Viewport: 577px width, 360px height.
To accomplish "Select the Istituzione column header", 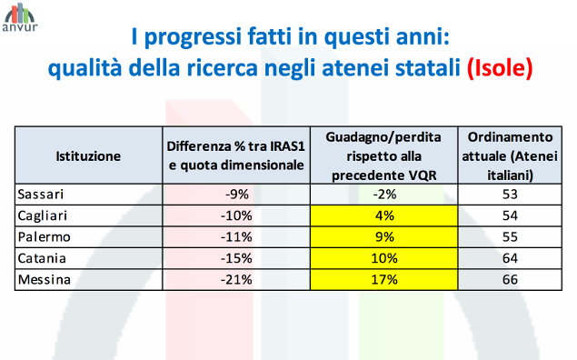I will click(x=88, y=155).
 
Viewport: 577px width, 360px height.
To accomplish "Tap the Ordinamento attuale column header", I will click(x=509, y=155).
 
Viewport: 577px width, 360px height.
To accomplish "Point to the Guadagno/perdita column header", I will click(x=383, y=155).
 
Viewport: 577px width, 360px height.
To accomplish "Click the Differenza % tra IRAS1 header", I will click(x=236, y=155).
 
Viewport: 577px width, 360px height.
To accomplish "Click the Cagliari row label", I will click(x=45, y=215).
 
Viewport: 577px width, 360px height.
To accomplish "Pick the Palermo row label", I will click(x=45, y=236).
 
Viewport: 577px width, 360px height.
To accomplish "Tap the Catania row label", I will click(x=45, y=258).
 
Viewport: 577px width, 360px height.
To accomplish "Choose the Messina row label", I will click(x=45, y=279).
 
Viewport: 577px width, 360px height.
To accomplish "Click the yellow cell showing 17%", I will click(x=383, y=279).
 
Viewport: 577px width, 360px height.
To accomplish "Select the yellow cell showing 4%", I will click(x=383, y=215).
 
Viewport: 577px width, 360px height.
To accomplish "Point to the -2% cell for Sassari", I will click(x=383, y=194).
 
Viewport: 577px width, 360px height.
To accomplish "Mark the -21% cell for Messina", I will click(x=236, y=279).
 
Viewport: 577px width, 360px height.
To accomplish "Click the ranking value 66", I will click(x=509, y=279).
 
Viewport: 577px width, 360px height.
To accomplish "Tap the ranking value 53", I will click(x=509, y=194).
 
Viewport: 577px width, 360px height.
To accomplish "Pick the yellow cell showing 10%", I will click(x=383, y=258).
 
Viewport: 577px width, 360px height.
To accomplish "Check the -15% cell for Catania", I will click(x=236, y=258).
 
